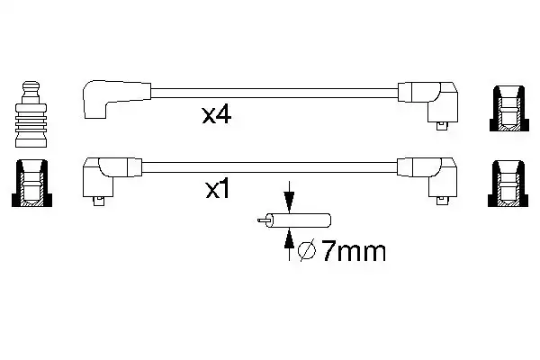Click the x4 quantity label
click(217, 115)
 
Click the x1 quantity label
click(217, 189)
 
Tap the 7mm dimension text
click(354, 251)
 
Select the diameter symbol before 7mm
click(306, 251)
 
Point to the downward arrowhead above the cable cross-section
click(289, 202)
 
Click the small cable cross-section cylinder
click(299, 220)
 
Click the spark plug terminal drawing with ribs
click(31, 114)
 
